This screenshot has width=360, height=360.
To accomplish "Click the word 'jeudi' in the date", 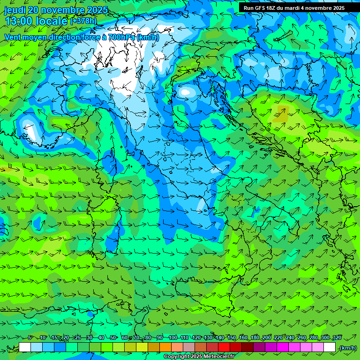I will pyautogui.click(x=16, y=10).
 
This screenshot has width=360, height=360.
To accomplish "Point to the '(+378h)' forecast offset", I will pyautogui.click(x=83, y=21).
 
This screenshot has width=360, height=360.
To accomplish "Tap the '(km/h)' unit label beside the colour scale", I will pyautogui.click(x=348, y=348).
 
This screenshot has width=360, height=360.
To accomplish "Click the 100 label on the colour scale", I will pyautogui.click(x=172, y=337).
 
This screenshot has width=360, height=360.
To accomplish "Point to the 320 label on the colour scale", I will pyautogui.click(x=337, y=337).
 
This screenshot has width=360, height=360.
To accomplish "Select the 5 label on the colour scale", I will pyautogui.click(x=30, y=337).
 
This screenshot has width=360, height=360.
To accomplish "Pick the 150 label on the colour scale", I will pyautogui.click(x=231, y=337).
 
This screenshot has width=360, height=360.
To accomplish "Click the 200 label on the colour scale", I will pyautogui.click(x=266, y=337).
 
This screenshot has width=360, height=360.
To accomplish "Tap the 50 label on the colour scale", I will pyautogui.click(x=113, y=337).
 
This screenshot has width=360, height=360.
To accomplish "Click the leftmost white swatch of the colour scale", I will pyautogui.click(x=25, y=347).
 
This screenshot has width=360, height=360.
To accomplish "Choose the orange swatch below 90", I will pyautogui.click(x=165, y=347).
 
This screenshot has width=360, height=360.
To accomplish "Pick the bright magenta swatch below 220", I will pyautogui.click(x=283, y=347).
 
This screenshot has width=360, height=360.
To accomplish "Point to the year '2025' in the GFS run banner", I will pyautogui.click(x=336, y=8).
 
